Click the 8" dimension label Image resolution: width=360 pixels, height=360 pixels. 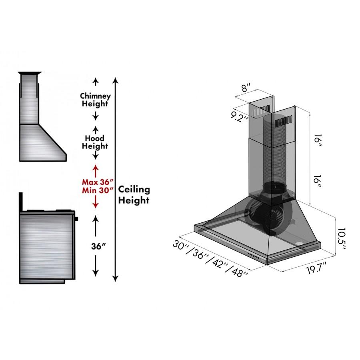(246, 88)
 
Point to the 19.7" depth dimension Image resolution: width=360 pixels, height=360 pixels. (317, 268)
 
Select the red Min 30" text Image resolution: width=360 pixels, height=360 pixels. (98, 190)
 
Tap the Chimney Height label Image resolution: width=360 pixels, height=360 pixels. (95, 100)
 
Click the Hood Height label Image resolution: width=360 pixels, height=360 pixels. (95, 142)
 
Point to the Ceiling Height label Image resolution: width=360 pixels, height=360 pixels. (134, 195)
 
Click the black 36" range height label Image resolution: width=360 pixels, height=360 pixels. (98, 246)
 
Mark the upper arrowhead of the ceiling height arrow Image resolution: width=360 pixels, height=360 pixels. (116, 80)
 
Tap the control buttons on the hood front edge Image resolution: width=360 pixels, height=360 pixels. (253, 255)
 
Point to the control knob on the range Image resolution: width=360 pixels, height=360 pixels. (76, 219)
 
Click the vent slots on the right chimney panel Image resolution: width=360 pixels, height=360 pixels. (284, 122)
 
